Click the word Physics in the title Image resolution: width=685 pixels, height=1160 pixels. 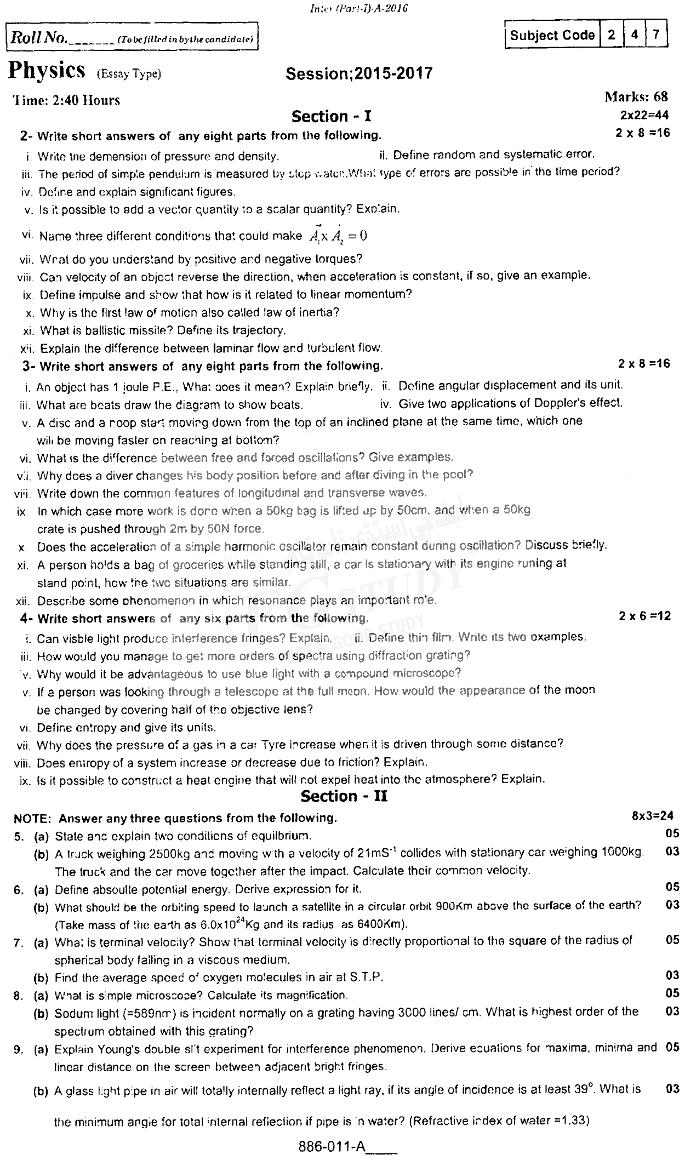(x=48, y=71)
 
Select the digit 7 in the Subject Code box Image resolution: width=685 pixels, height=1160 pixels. (x=656, y=35)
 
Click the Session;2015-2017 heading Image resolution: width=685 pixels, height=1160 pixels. (x=359, y=73)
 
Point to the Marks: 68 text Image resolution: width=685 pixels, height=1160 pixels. (x=636, y=97)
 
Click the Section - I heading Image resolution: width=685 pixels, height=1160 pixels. (x=332, y=116)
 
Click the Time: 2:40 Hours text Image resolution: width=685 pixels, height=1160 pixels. (x=66, y=100)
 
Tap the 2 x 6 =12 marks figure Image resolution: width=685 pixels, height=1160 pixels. (x=644, y=616)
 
